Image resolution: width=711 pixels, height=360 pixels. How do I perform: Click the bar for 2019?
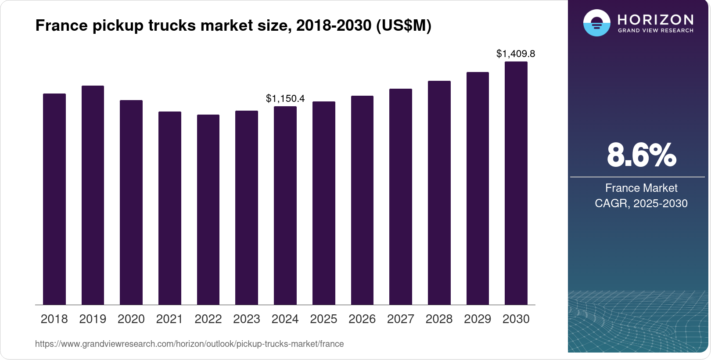(x=93, y=195)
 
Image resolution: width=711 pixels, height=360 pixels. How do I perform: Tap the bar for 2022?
(x=208, y=209)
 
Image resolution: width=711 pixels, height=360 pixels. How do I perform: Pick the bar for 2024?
(x=285, y=205)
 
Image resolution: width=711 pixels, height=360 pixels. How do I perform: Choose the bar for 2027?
(x=401, y=197)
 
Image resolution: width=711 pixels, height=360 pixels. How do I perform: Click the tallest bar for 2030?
(x=516, y=183)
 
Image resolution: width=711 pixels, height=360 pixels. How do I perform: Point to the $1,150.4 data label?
(x=285, y=98)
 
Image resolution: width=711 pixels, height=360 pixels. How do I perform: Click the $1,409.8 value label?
(x=516, y=54)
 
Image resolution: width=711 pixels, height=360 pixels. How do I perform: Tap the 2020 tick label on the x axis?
(x=131, y=319)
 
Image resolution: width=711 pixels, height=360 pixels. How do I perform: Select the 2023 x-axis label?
(x=247, y=319)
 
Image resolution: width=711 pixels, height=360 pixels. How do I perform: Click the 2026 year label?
(x=362, y=319)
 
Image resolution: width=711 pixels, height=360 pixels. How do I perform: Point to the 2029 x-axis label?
(x=478, y=319)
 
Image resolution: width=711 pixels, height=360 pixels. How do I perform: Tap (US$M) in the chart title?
(x=404, y=25)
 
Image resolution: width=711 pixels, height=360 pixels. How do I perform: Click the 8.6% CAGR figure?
(x=641, y=155)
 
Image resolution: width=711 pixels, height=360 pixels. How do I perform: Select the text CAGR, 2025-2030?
(x=641, y=203)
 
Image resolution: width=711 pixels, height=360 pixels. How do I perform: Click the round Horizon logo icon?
(x=596, y=23)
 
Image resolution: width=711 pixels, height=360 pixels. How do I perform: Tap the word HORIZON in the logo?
(x=655, y=19)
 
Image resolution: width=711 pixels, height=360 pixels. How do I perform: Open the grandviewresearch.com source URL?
(x=189, y=344)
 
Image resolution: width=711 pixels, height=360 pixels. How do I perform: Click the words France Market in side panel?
(x=641, y=188)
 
